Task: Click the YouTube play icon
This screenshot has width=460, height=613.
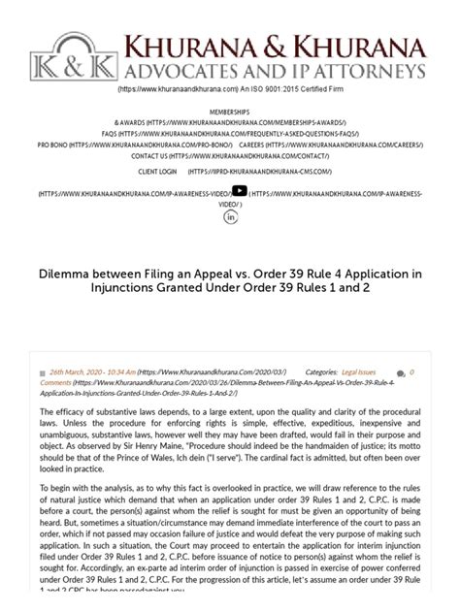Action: click(x=239, y=191)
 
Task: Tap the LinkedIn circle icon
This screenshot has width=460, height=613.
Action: click(x=231, y=216)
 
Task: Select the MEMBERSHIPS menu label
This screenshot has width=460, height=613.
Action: click(x=230, y=112)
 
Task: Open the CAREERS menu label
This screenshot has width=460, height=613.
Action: click(x=253, y=143)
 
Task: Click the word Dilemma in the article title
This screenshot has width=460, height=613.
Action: click(x=69, y=274)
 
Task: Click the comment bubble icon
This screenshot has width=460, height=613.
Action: click(x=401, y=373)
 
